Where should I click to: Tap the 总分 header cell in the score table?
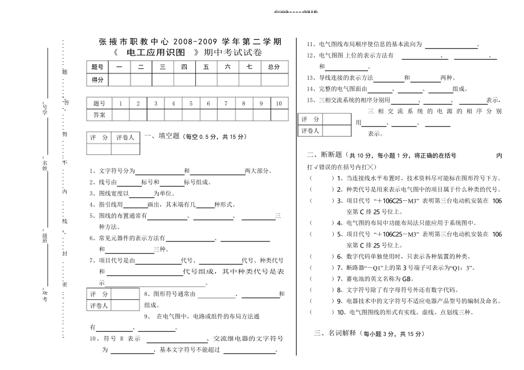pos(273,67)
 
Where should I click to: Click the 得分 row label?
pos(97,80)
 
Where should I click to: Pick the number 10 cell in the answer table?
pos(279,104)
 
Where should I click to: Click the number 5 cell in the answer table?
pos(191,104)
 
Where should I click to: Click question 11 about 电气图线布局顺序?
pos(393,44)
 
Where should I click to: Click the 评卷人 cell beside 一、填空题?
pos(125,138)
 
